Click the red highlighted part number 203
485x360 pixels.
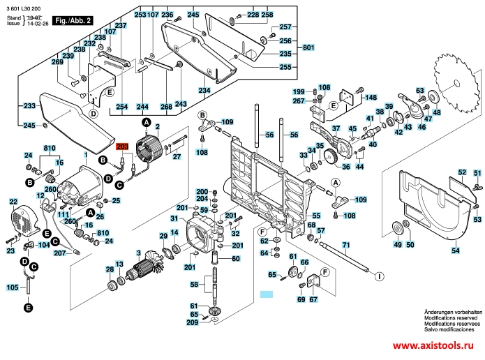[x=122, y=147]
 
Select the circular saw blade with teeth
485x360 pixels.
[x=456, y=83]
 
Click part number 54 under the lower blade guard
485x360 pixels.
[x=455, y=249]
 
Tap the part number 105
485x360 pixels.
[x=13, y=287]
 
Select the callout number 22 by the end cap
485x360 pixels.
[x=13, y=202]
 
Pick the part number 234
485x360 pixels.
[x=203, y=91]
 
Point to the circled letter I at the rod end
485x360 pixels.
[x=378, y=276]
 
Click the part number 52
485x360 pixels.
[x=461, y=172]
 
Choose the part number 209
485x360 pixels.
[x=192, y=322]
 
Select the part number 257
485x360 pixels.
[x=285, y=27]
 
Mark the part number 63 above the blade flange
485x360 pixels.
[x=420, y=91]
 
